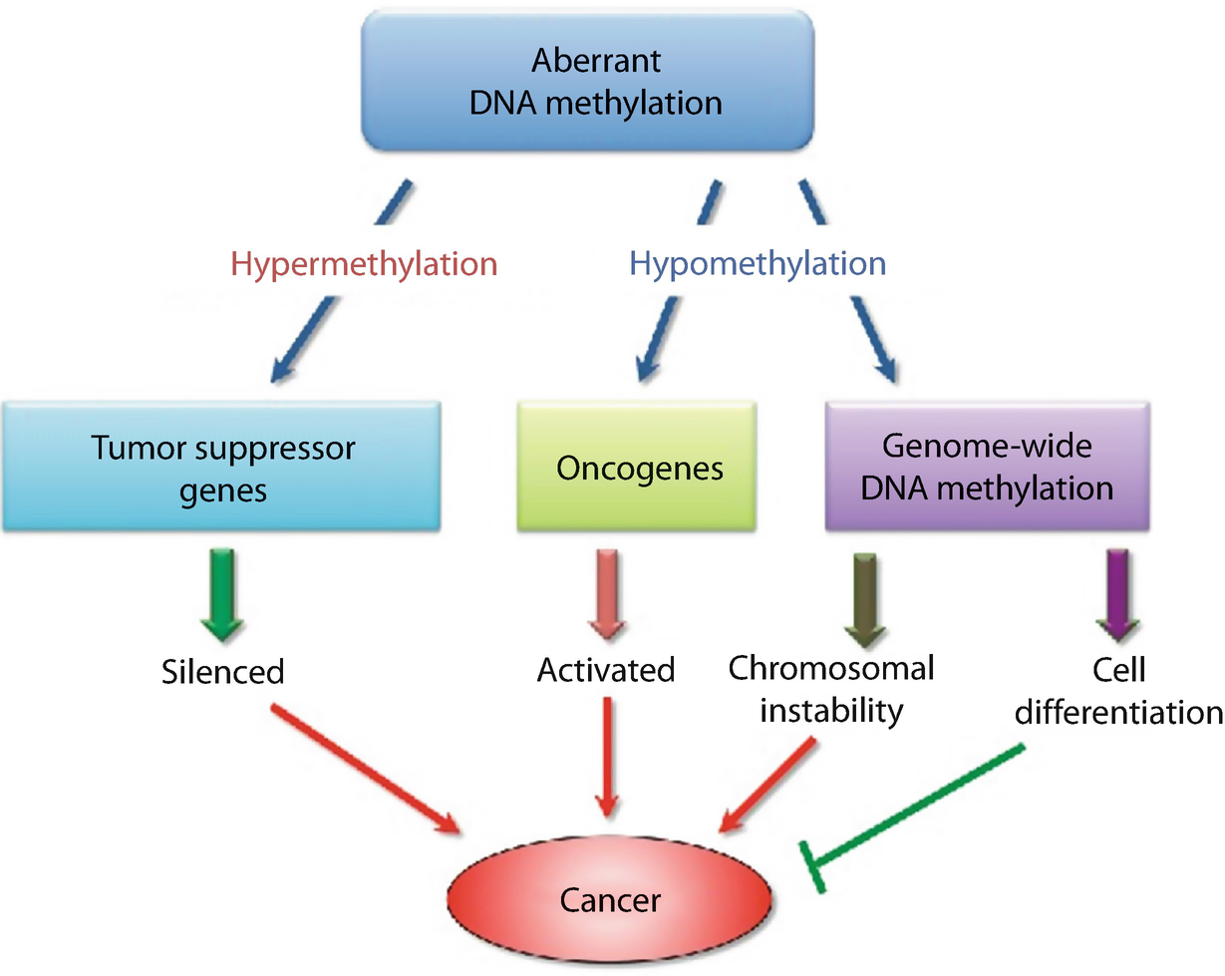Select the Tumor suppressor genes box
[222, 468]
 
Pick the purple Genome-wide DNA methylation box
[988, 468]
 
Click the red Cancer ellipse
[610, 900]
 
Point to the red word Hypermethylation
[364, 264]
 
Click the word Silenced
[222, 671]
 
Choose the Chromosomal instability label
[831, 688]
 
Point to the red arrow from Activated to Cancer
[606, 757]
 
